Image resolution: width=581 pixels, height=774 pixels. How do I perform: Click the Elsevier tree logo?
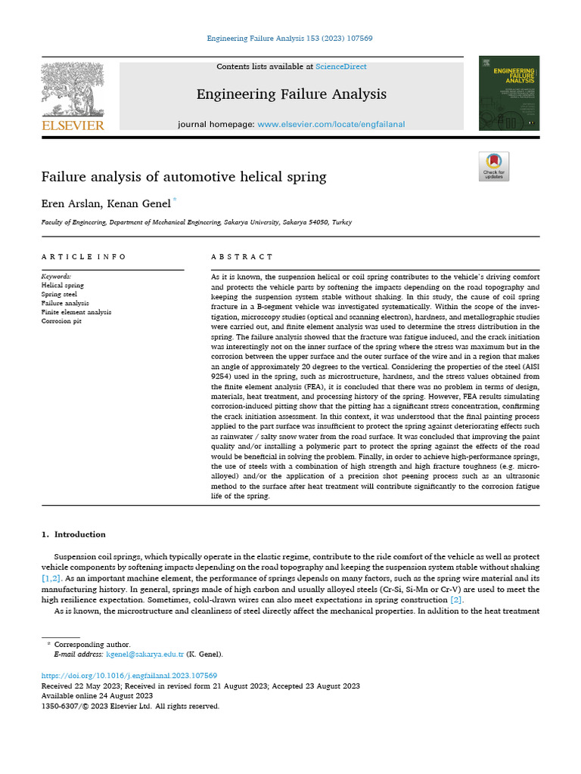73,88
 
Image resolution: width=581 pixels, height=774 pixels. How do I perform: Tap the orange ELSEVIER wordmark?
73,125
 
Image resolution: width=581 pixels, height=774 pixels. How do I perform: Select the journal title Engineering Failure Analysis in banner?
291,94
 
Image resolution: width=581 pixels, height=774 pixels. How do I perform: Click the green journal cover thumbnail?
509,93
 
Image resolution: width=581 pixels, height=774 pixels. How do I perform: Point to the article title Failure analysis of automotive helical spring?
184,177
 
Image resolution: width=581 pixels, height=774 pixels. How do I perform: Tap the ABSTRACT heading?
242,257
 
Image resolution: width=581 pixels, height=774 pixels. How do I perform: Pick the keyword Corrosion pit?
62,320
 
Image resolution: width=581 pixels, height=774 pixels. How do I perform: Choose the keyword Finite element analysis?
76,311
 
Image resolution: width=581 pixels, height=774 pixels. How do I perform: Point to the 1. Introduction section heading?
73,534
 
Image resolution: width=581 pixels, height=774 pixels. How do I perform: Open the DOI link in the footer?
129,675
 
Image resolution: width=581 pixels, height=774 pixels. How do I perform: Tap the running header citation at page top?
290,38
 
